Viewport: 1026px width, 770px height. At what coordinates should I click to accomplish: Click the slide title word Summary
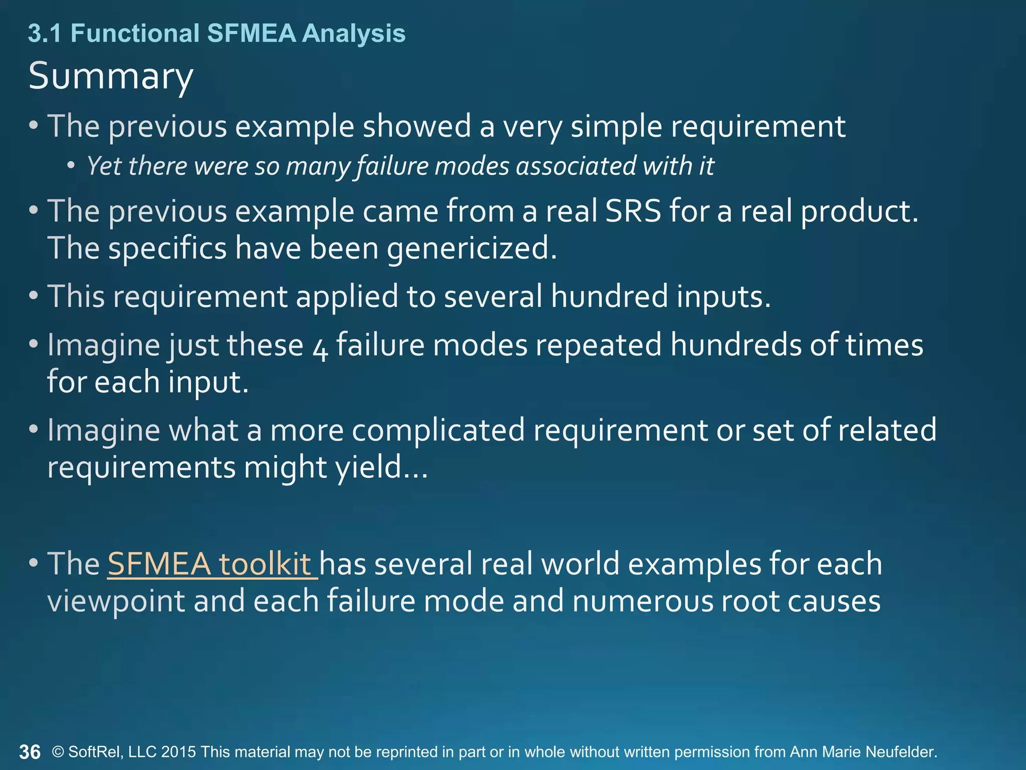click(x=111, y=76)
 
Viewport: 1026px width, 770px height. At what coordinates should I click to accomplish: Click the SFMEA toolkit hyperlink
click(x=212, y=563)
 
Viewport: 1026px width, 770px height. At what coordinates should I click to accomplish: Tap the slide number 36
click(x=30, y=752)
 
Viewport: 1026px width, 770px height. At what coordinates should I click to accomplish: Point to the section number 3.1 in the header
click(x=45, y=34)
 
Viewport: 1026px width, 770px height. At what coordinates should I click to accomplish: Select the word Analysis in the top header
click(x=354, y=34)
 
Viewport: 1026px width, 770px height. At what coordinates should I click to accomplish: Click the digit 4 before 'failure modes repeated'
click(x=320, y=347)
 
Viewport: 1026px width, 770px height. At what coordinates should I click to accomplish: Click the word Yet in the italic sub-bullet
click(x=104, y=166)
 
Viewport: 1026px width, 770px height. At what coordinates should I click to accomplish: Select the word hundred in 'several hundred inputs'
click(x=609, y=296)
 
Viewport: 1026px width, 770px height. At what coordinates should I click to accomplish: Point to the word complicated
click(x=438, y=430)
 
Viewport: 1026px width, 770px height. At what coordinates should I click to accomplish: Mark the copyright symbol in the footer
click(x=58, y=752)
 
